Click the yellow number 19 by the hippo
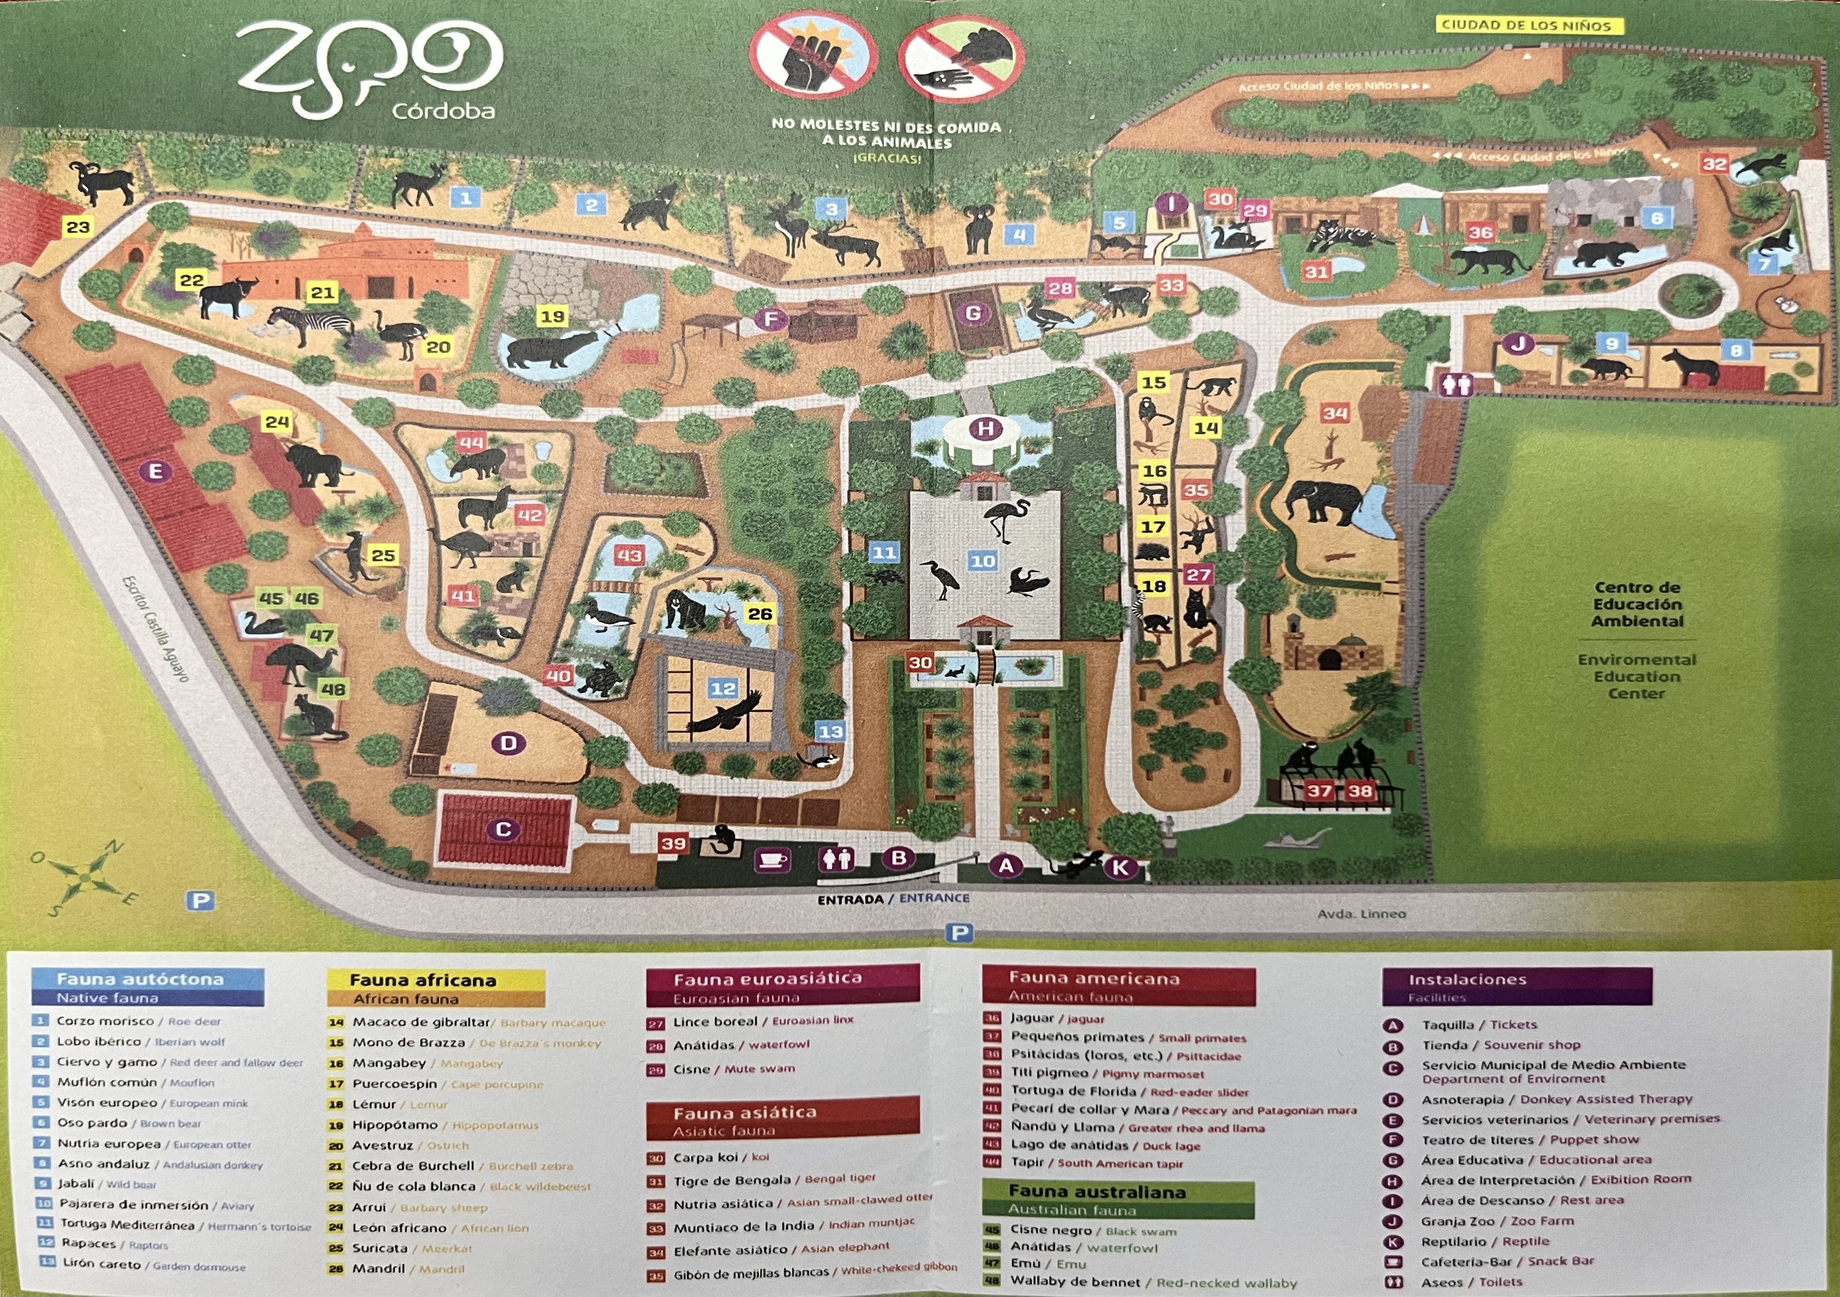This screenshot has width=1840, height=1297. pyautogui.click(x=552, y=316)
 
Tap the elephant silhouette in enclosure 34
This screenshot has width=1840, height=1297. pyautogui.click(x=1323, y=503)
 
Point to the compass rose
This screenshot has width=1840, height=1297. pyautogui.click(x=82, y=878)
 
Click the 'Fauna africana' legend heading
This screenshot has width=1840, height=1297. pyautogui.click(x=422, y=979)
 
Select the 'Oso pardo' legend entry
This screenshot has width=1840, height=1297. pyautogui.click(x=92, y=1123)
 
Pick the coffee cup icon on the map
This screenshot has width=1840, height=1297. pyautogui.click(x=772, y=860)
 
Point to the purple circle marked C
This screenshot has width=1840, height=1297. pyautogui.click(x=504, y=830)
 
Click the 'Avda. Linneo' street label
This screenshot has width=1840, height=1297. pyautogui.click(x=1362, y=913)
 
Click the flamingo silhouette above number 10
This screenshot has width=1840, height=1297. pyautogui.click(x=1006, y=517)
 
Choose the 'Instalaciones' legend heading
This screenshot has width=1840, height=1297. pyautogui.click(x=1467, y=979)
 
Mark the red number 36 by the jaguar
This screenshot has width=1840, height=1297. pyautogui.click(x=1479, y=232)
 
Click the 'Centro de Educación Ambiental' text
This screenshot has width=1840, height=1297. pyautogui.click(x=1637, y=605)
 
